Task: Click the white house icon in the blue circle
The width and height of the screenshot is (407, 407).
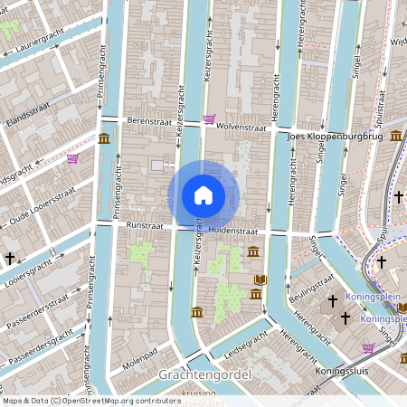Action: [203, 194]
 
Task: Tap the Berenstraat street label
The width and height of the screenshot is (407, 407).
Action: [149, 119]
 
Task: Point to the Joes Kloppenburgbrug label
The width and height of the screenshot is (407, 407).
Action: [335, 137]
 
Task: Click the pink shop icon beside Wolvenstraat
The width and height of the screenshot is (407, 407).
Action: [210, 119]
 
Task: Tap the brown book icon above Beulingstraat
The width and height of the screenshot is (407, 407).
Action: [260, 279]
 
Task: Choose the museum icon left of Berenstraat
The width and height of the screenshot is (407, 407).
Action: [105, 138]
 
